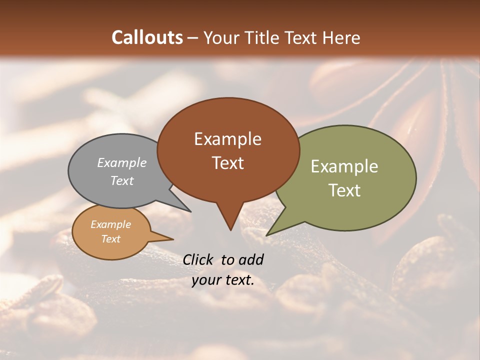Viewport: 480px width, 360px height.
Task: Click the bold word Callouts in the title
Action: [x=147, y=37]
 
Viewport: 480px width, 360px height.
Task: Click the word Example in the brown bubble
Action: [x=227, y=139]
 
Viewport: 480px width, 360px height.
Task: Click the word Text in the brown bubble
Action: [x=228, y=163]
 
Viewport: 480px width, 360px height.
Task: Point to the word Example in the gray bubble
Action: [x=122, y=162]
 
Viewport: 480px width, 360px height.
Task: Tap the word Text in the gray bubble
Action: [x=122, y=180]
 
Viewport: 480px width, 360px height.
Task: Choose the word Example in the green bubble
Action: [x=344, y=166]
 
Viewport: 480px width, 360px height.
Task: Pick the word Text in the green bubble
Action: [x=345, y=190]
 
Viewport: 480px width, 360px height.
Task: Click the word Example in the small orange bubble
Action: [x=110, y=224]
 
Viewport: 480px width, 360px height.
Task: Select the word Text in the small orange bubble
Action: [x=110, y=239]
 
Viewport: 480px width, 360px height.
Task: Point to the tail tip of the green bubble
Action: [x=268, y=234]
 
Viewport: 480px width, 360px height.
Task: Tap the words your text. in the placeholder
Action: [x=223, y=280]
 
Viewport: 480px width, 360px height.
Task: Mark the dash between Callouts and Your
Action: [x=193, y=37]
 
